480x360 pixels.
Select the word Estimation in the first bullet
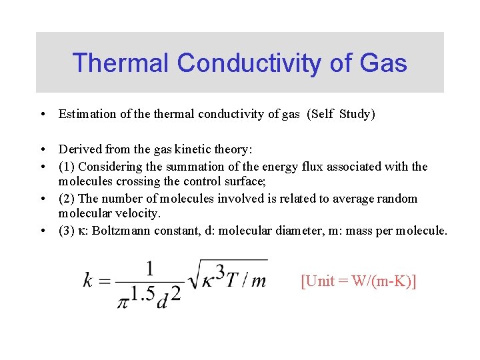[x=87, y=114]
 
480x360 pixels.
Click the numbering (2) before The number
[x=67, y=198]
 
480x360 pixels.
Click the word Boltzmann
[x=116, y=231]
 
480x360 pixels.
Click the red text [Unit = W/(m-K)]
[x=359, y=281]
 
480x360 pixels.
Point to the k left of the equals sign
[x=87, y=281]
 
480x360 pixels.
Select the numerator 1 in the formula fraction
[x=149, y=268]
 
